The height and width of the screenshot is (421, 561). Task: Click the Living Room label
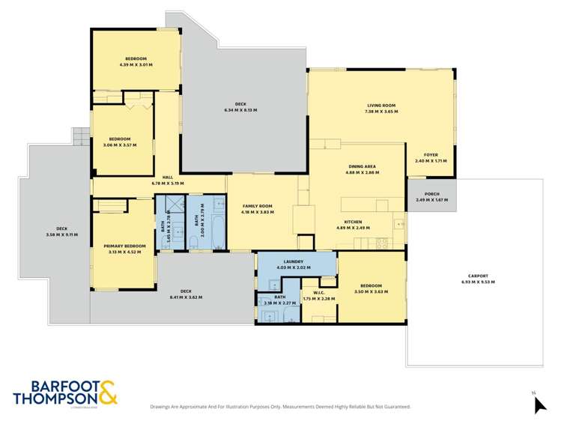click(381, 106)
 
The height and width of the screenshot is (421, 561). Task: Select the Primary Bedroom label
click(124, 246)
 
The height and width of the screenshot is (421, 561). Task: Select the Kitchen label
click(354, 222)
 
